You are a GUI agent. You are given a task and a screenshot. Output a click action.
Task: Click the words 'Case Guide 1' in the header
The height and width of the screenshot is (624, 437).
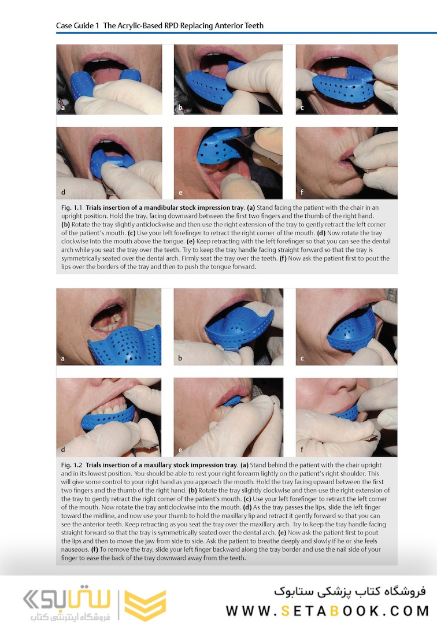[77, 26]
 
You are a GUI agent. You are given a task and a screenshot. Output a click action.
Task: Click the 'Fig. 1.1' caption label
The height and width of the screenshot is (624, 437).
[72, 207]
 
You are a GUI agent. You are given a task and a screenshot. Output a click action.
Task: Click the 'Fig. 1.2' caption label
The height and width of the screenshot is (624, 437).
[72, 465]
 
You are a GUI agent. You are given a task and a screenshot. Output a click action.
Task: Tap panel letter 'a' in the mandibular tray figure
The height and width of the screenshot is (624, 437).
[63, 108]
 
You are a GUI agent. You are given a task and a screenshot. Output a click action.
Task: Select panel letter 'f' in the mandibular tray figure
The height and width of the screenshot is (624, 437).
[302, 192]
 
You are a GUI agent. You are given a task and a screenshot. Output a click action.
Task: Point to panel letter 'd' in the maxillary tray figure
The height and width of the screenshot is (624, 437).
[63, 450]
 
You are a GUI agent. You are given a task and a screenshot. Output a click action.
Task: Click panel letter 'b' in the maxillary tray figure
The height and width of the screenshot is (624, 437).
[180, 358]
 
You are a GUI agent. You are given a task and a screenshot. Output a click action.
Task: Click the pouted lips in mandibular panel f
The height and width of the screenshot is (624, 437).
[346, 158]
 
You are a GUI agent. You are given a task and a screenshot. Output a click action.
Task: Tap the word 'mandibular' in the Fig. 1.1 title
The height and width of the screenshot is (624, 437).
[161, 207]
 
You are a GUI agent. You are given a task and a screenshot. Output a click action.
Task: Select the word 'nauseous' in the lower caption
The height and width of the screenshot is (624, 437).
[75, 549]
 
